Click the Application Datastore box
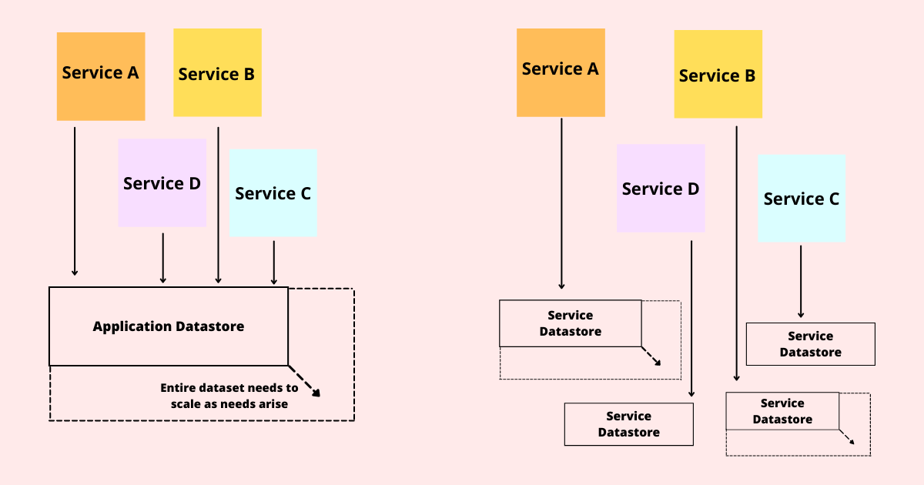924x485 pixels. (x=168, y=326)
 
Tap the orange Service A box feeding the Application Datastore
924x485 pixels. (x=100, y=76)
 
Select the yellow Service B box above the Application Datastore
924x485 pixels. (x=217, y=73)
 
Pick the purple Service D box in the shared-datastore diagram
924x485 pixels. (x=162, y=183)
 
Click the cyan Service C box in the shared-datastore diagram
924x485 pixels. (x=273, y=192)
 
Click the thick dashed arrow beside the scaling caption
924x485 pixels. (x=306, y=382)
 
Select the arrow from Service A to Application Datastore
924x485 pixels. (x=75, y=200)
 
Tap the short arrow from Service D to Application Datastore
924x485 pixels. (x=162, y=258)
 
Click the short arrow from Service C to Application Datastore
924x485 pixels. (x=274, y=262)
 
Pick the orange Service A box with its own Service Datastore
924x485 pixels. (x=561, y=72)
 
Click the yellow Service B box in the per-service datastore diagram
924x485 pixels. (x=718, y=74)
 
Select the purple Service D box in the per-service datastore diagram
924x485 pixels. (x=661, y=189)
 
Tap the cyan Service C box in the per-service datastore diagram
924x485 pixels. (x=801, y=199)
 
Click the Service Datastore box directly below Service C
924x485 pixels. (x=810, y=344)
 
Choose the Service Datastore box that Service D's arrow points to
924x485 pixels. (x=628, y=424)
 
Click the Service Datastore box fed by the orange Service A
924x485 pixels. (x=570, y=323)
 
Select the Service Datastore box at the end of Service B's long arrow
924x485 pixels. (x=782, y=411)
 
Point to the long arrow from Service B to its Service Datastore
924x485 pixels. (x=736, y=254)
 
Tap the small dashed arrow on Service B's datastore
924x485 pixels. (x=847, y=437)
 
